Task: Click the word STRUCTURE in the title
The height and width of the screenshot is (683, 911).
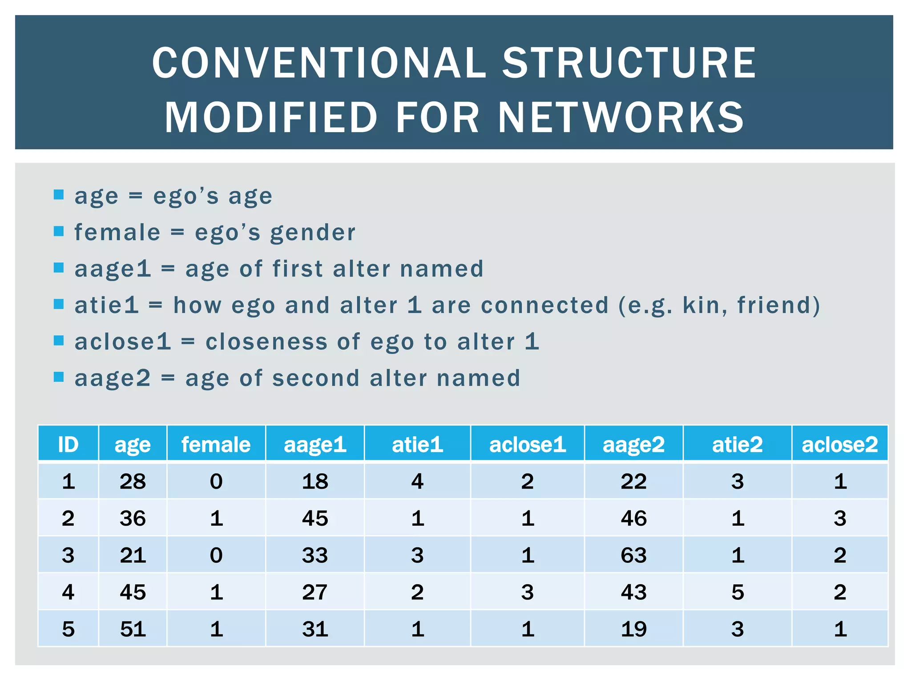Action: [x=629, y=63]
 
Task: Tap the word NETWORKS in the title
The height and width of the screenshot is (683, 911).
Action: [x=621, y=118]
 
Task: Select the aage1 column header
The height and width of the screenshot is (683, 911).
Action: [x=315, y=444]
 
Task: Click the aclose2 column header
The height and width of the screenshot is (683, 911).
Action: [x=840, y=444]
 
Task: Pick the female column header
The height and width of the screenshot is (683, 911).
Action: [x=216, y=444]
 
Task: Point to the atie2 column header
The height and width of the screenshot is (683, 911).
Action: [x=737, y=444]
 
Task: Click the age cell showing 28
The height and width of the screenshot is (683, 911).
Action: [x=133, y=482]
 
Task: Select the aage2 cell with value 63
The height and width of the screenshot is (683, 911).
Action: [x=633, y=555]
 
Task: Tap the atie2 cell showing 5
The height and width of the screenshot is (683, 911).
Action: [x=737, y=592]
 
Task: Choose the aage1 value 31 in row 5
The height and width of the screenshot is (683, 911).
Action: [x=315, y=629]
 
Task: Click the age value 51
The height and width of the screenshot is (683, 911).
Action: [x=133, y=629]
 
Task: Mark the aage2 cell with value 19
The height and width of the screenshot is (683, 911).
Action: [x=633, y=629]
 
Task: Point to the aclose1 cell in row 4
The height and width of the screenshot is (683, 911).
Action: [x=528, y=592]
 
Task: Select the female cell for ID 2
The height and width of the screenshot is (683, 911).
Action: [x=216, y=518]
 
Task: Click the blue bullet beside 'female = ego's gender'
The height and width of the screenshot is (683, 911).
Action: [x=59, y=231]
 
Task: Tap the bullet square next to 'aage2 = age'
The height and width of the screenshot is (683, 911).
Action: [x=59, y=377]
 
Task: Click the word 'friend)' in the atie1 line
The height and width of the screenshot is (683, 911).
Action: [x=778, y=305]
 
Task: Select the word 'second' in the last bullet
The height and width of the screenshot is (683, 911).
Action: [x=316, y=378]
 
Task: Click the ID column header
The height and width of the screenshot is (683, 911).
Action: [x=68, y=444]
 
